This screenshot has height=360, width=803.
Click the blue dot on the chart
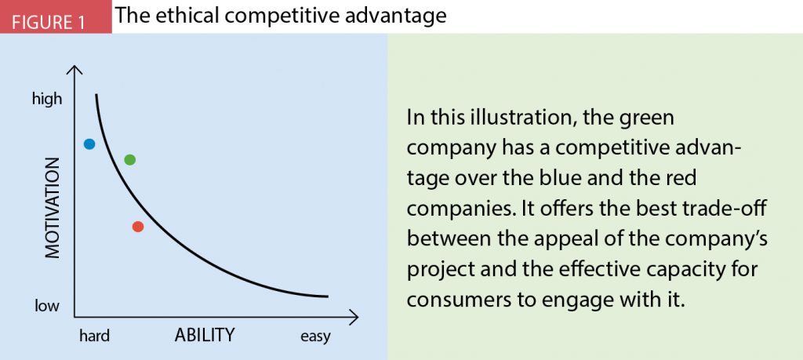point(89,144)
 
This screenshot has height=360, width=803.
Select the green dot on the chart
point(130,160)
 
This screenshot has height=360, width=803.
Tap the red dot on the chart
point(138,227)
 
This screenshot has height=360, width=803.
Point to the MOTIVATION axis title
point(52,208)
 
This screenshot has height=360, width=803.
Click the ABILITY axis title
point(204,336)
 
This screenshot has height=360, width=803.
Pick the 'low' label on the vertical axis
point(46,305)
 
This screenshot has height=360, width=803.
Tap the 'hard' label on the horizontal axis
point(94,336)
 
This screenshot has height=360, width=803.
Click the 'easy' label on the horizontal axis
point(315,336)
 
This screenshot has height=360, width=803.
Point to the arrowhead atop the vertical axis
point(75,71)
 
